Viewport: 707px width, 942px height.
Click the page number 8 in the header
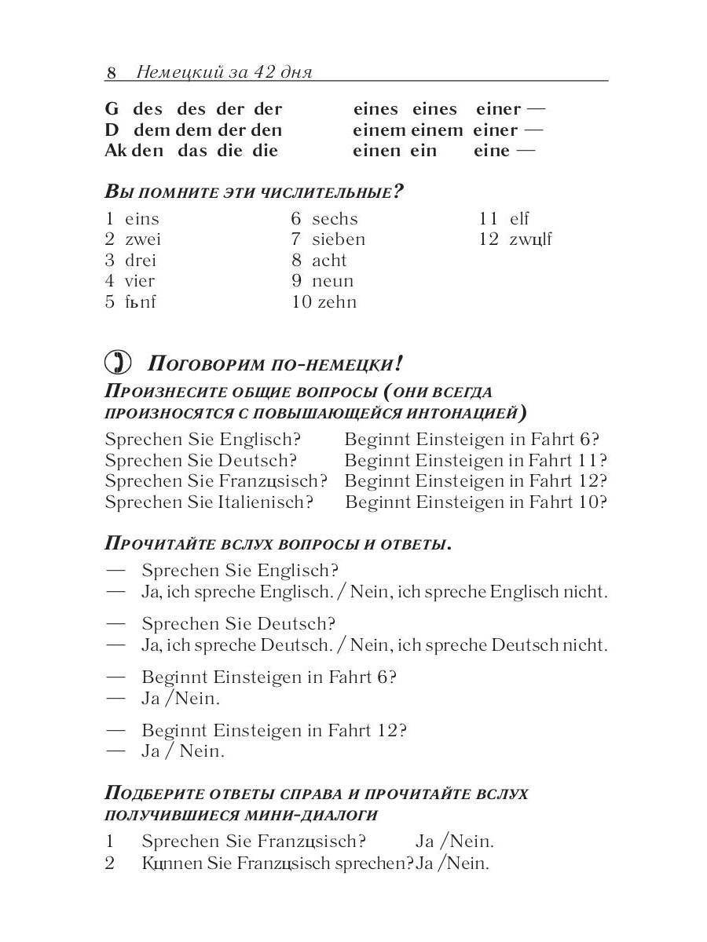pyautogui.click(x=112, y=73)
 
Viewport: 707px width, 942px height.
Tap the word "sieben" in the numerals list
pyautogui.click(x=338, y=239)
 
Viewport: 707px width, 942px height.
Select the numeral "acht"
pyautogui.click(x=328, y=261)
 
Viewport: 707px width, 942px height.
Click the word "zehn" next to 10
pyautogui.click(x=336, y=302)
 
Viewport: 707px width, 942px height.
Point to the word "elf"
pyautogui.click(x=519, y=219)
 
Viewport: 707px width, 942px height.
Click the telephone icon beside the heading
pyautogui.click(x=118, y=363)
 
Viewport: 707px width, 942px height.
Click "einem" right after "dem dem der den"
pyautogui.click(x=379, y=130)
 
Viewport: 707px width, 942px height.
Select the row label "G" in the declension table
pyautogui.click(x=112, y=109)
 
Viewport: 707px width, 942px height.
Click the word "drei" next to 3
pyautogui.click(x=141, y=261)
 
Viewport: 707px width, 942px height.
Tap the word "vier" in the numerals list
pyautogui.click(x=140, y=281)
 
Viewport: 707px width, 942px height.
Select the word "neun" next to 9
pyautogui.click(x=332, y=281)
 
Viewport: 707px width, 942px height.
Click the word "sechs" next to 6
pyautogui.click(x=334, y=219)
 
